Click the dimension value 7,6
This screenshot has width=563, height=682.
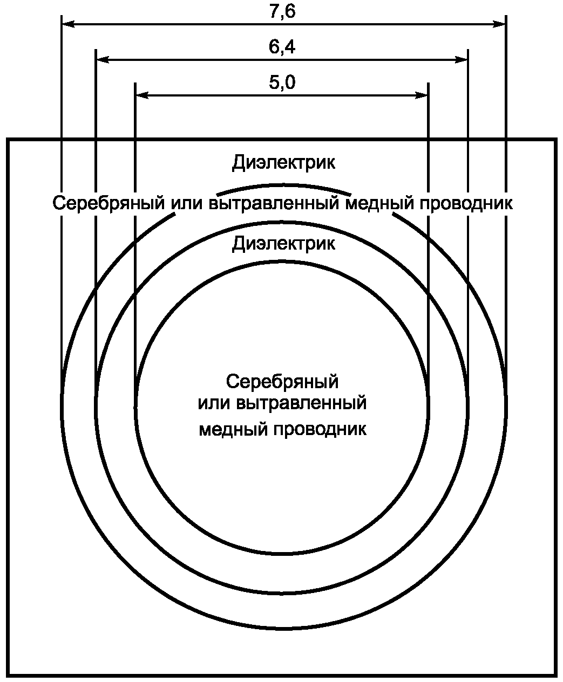pyautogui.click(x=282, y=12)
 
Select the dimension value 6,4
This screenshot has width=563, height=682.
pyautogui.click(x=282, y=47)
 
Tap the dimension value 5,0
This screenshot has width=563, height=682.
pyautogui.click(x=282, y=83)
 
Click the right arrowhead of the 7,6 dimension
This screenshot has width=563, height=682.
pyautogui.click(x=500, y=24)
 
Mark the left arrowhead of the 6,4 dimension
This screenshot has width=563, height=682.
pyautogui.click(x=102, y=59)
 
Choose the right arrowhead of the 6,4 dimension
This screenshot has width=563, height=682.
pyautogui.click(x=462, y=59)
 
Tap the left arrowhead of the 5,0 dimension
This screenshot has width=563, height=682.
pyautogui.click(x=141, y=95)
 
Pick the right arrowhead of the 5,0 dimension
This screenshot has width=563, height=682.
pyautogui.click(x=422, y=95)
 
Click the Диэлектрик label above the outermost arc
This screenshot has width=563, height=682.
pyautogui.click(x=283, y=162)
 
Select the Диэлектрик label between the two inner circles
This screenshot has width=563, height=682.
pyautogui.click(x=283, y=243)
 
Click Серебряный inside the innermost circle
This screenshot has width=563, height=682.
pyautogui.click(x=282, y=381)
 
